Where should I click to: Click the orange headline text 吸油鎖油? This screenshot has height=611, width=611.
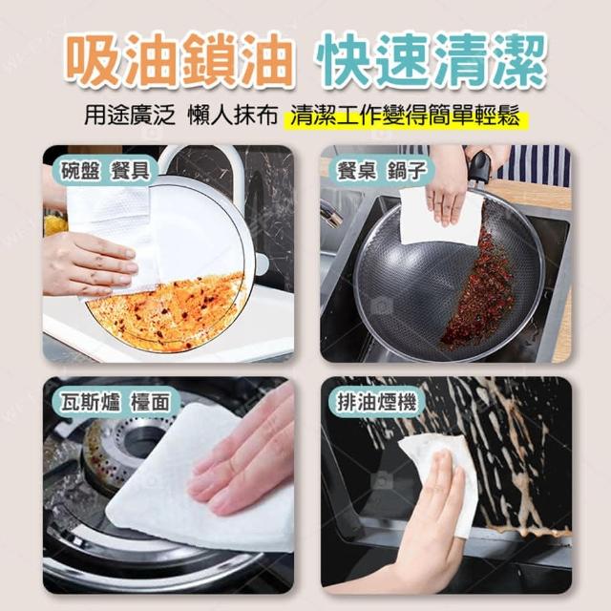(x=179, y=59)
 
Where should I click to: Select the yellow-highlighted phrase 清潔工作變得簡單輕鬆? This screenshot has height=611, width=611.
(x=405, y=116)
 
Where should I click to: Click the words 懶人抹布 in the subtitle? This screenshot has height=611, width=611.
(x=233, y=116)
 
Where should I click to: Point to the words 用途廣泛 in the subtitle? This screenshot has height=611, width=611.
(x=130, y=116)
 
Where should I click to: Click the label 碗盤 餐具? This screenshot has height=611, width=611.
(x=105, y=171)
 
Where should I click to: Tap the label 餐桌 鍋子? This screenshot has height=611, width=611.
(x=382, y=171)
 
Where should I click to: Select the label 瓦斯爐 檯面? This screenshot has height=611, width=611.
(x=116, y=402)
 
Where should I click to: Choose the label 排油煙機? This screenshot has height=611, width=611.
(x=376, y=402)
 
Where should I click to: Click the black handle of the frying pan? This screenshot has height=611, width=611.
(x=480, y=167)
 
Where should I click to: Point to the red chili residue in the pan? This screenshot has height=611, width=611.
(x=479, y=288)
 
